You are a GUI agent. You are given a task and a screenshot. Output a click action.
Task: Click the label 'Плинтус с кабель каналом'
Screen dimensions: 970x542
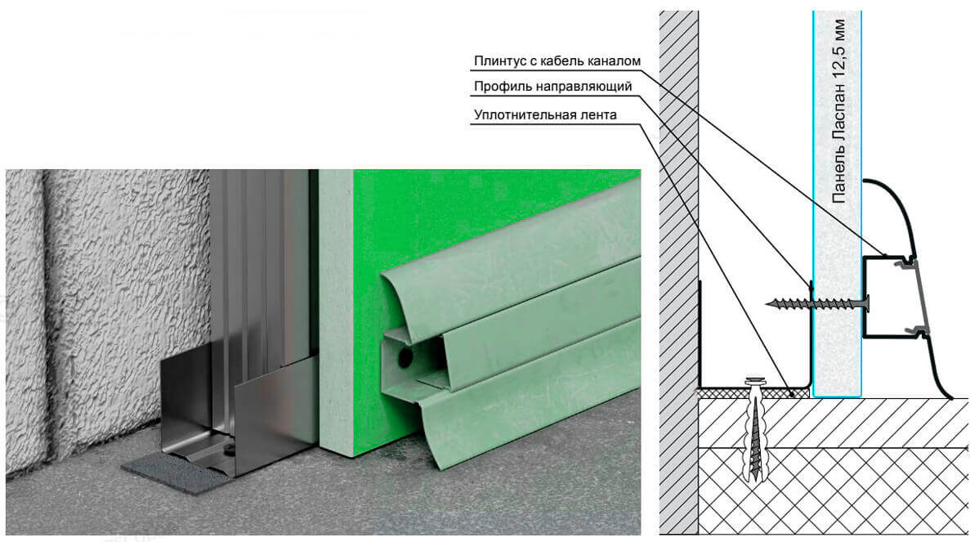tap(557, 61)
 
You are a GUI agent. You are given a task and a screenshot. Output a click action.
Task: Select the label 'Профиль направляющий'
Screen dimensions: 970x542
tap(552, 87)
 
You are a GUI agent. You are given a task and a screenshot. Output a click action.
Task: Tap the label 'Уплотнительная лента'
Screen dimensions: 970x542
tap(545, 115)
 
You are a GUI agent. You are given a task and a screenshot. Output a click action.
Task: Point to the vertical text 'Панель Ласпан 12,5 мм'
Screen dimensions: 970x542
tap(839, 111)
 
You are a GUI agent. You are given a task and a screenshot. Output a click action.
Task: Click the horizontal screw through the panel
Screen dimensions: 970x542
tap(818, 303)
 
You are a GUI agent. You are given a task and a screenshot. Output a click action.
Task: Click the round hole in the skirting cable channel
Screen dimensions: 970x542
tap(405, 358)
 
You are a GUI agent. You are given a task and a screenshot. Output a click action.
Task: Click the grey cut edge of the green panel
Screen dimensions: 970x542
tap(336, 312)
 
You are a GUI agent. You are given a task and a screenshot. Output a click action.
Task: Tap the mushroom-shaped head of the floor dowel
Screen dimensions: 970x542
tap(753, 380)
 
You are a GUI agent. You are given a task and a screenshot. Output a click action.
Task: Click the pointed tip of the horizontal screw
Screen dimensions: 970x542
tap(767, 303)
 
